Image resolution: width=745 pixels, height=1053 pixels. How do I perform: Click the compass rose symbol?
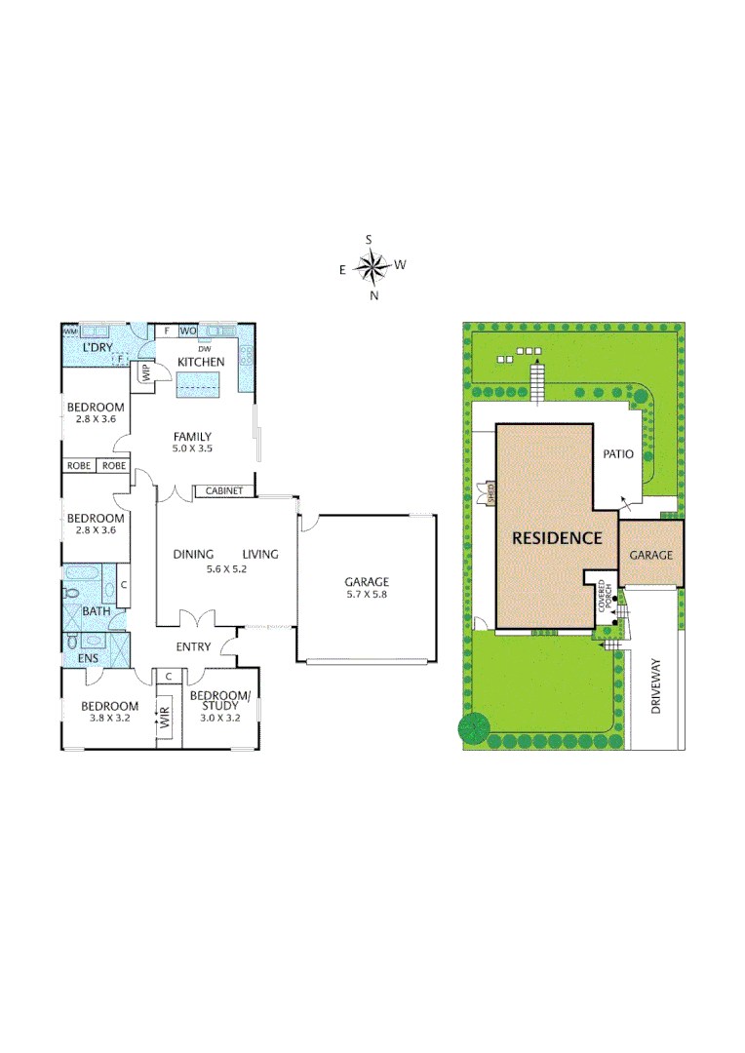372,265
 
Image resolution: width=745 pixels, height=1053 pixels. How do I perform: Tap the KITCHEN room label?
201,363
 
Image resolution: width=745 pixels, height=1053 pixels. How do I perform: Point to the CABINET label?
223,491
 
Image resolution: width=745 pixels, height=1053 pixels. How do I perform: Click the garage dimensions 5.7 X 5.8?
366,594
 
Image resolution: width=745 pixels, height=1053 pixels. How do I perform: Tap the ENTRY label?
193,646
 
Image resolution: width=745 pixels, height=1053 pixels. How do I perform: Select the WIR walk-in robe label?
165,721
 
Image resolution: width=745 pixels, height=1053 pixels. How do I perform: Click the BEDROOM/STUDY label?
220,701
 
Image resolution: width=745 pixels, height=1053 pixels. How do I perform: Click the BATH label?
96,611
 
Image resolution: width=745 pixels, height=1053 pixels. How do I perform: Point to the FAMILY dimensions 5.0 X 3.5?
193,449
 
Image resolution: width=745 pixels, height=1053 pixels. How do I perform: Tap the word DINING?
193,554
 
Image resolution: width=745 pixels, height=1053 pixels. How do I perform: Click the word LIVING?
260,554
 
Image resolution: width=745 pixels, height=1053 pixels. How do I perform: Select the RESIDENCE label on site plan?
558,537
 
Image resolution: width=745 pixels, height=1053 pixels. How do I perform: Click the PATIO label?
618,453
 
